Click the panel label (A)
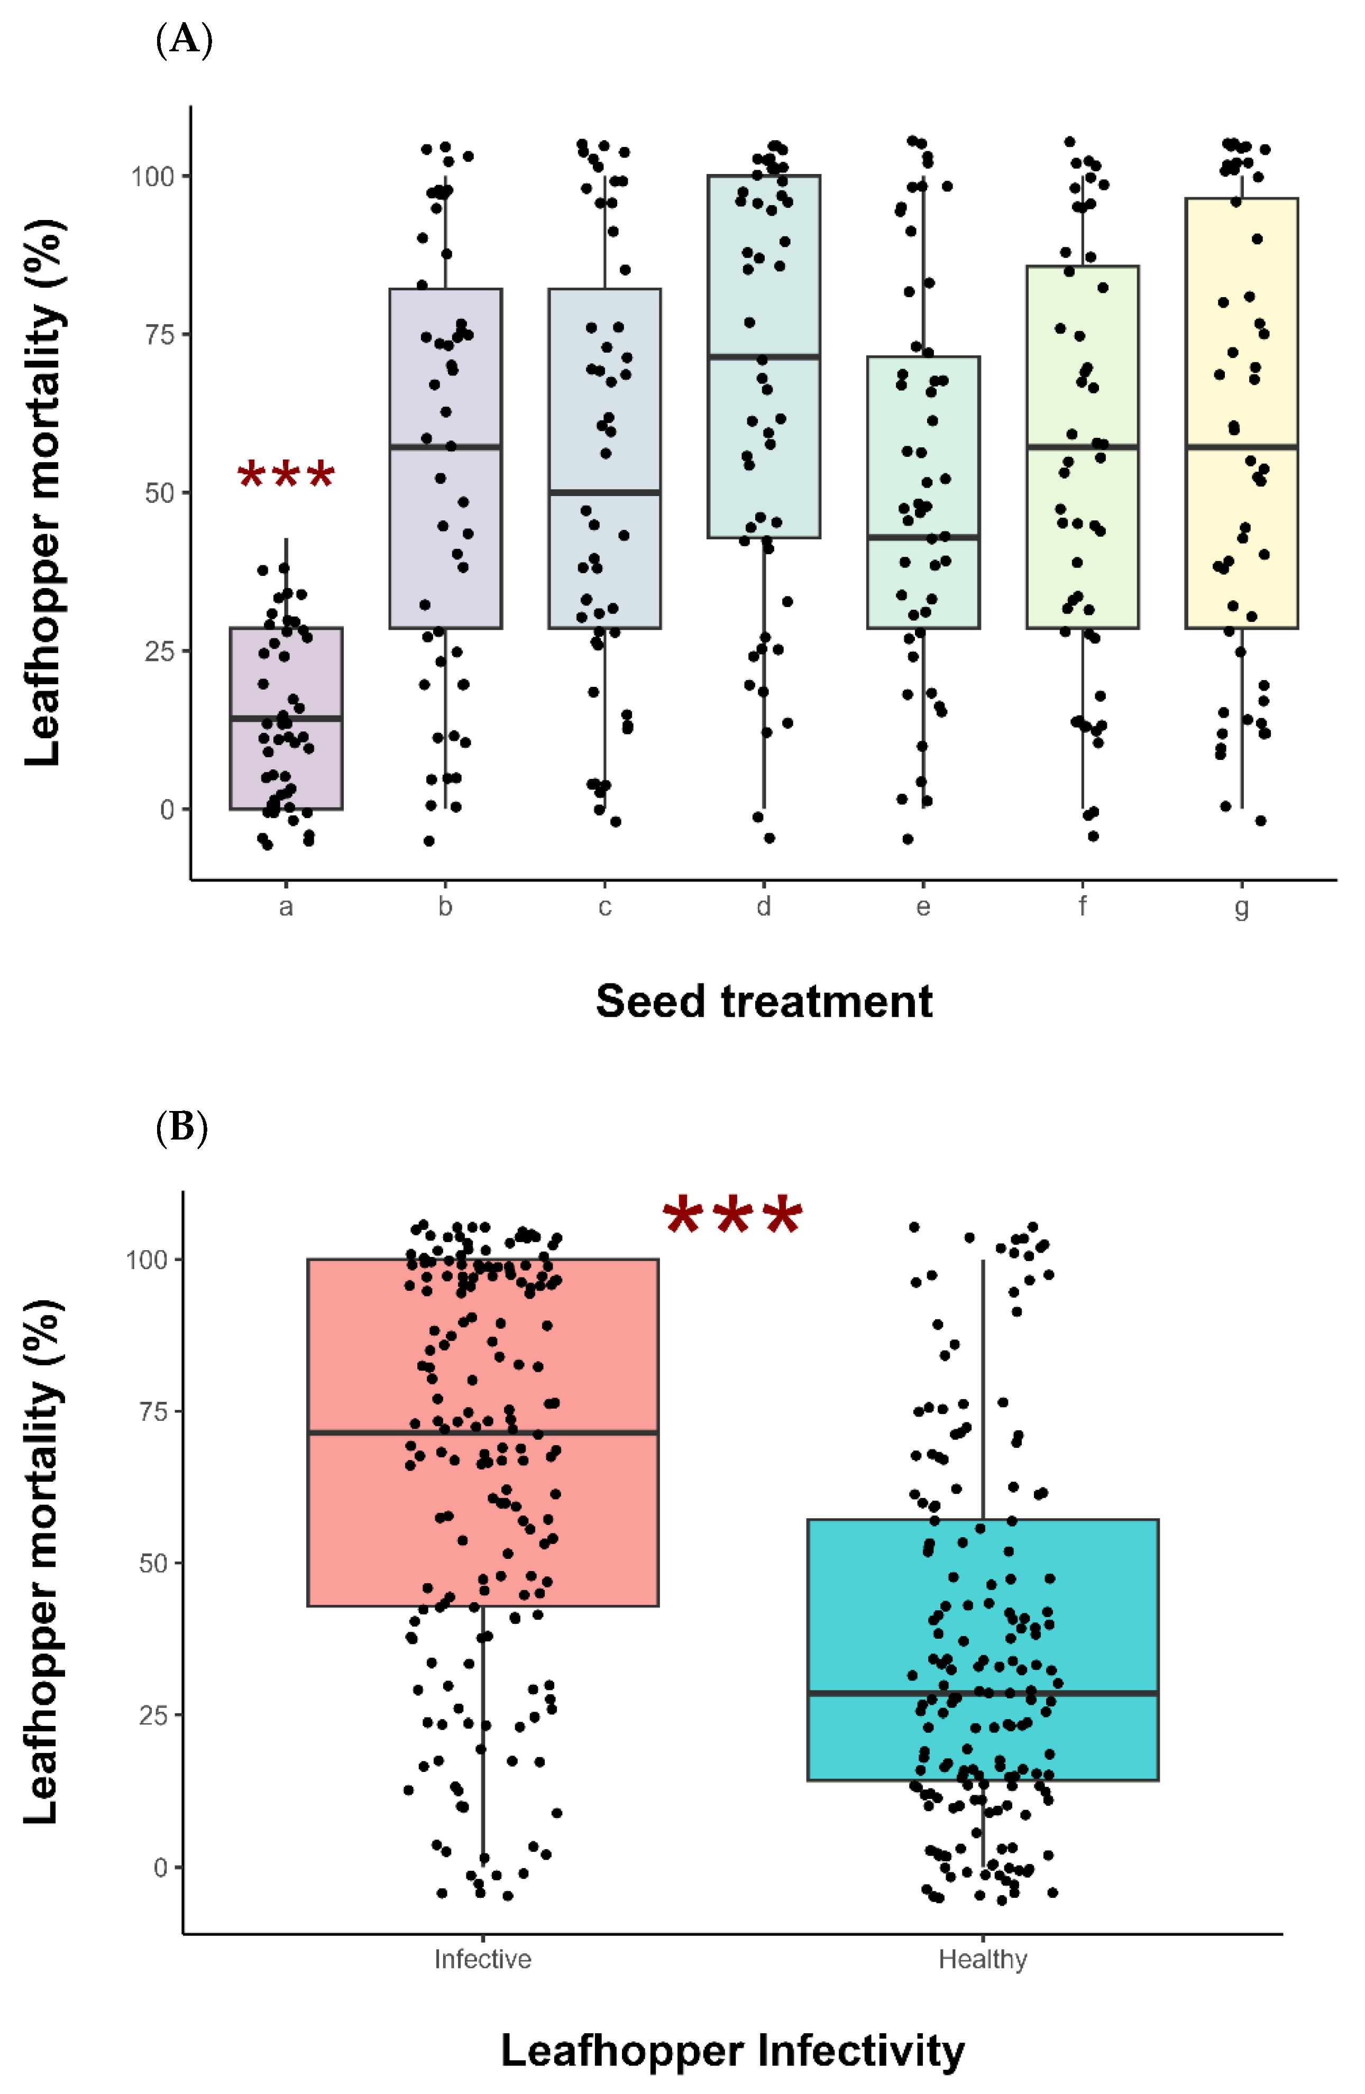click(x=184, y=41)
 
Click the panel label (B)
click(x=181, y=1127)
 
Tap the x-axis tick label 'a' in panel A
click(x=286, y=907)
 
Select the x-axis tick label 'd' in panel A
click(x=764, y=906)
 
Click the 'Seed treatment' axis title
click(x=764, y=1001)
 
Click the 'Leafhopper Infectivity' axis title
click(x=732, y=2050)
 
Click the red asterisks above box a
click(x=286, y=476)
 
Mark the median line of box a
click(x=286, y=719)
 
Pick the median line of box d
click(x=764, y=356)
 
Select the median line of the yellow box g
click(x=1242, y=447)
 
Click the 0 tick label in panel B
click(x=160, y=1867)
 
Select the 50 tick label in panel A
click(x=159, y=493)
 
